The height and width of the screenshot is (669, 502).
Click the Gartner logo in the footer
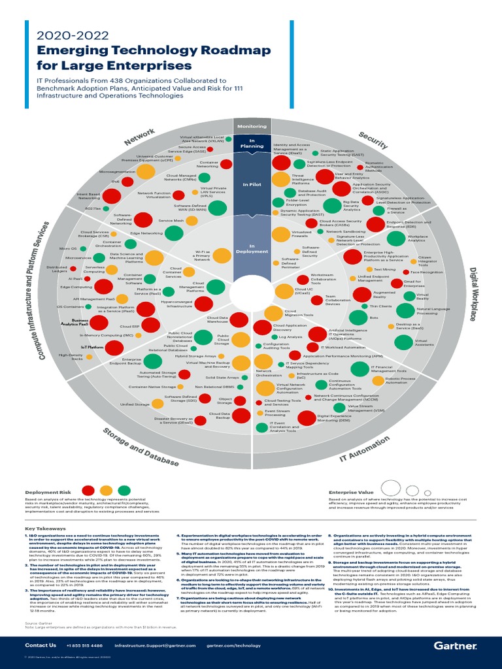point(456,645)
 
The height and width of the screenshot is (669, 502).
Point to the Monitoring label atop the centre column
point(252,126)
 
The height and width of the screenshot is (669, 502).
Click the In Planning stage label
point(252,142)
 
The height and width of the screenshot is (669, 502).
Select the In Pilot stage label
point(252,185)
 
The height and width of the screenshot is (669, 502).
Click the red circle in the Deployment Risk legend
point(88,490)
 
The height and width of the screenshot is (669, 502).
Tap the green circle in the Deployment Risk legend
point(124,490)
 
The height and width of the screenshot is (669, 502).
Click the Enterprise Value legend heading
point(351,492)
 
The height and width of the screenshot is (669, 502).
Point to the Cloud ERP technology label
point(127,325)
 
